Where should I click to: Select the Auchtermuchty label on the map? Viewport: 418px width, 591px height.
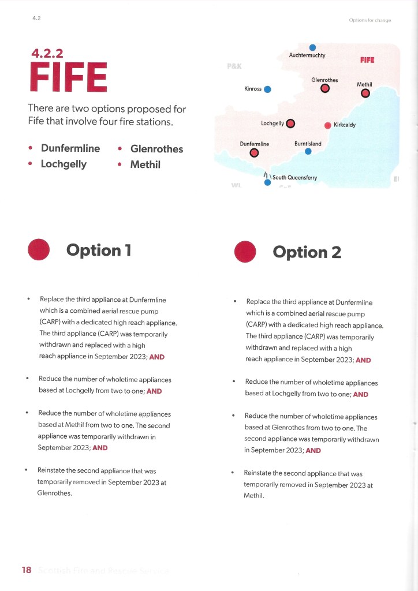click(x=307, y=55)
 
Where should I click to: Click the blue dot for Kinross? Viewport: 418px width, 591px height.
click(x=268, y=89)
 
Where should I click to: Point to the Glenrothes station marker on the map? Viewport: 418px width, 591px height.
click(x=325, y=89)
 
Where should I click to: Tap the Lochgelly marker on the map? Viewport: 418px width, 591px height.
click(x=290, y=123)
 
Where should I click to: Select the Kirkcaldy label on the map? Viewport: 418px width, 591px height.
click(x=344, y=125)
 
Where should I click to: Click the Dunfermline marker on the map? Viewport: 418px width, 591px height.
click(x=254, y=153)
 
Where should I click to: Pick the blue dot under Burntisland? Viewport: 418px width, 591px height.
click(x=308, y=152)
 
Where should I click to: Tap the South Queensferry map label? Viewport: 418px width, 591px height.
click(x=294, y=178)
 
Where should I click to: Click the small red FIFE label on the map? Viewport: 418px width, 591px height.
click(x=367, y=60)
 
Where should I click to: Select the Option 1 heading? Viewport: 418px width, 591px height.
click(x=99, y=250)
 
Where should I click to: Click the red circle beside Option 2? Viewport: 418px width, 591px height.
click(x=245, y=252)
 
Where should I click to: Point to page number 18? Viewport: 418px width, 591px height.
click(x=27, y=570)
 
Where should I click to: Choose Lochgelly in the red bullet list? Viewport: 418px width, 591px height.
click(x=64, y=164)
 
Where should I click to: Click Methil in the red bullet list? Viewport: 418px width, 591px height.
click(x=145, y=164)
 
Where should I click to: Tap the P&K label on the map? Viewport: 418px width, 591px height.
click(x=234, y=67)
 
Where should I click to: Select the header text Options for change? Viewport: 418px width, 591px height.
click(x=370, y=20)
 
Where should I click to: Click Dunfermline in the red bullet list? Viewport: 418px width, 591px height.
click(x=70, y=148)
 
